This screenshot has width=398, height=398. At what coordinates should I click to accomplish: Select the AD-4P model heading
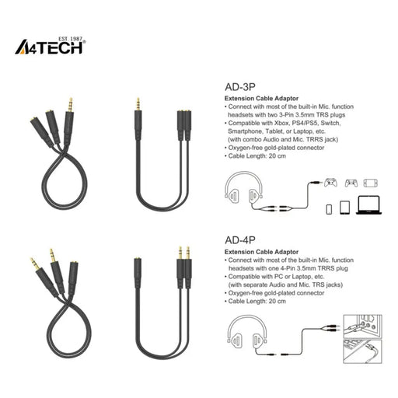239,241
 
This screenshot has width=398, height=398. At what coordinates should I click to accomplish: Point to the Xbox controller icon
330,183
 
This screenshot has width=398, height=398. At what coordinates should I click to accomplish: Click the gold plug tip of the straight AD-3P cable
138,103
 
